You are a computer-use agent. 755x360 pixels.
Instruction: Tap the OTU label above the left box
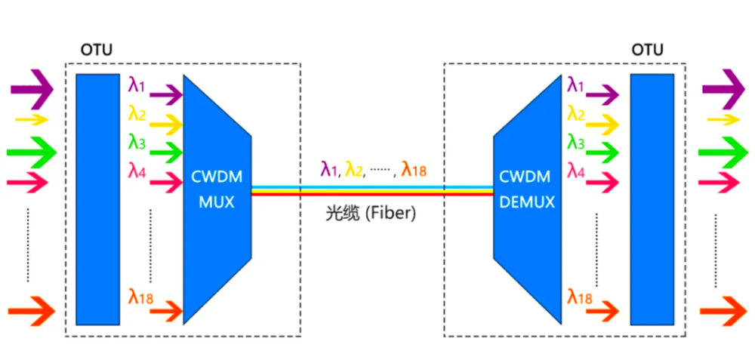point(97,51)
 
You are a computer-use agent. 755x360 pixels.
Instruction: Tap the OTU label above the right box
point(647,51)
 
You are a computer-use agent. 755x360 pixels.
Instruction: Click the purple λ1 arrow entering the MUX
point(166,94)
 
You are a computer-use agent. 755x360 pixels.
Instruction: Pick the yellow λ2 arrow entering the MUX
point(166,122)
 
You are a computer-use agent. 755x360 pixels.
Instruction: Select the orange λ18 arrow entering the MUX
point(166,309)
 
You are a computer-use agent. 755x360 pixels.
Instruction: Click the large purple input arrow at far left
point(32,89)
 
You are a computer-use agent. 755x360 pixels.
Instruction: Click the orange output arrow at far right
point(723,309)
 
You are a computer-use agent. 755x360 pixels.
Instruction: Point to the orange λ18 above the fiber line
point(414,170)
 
